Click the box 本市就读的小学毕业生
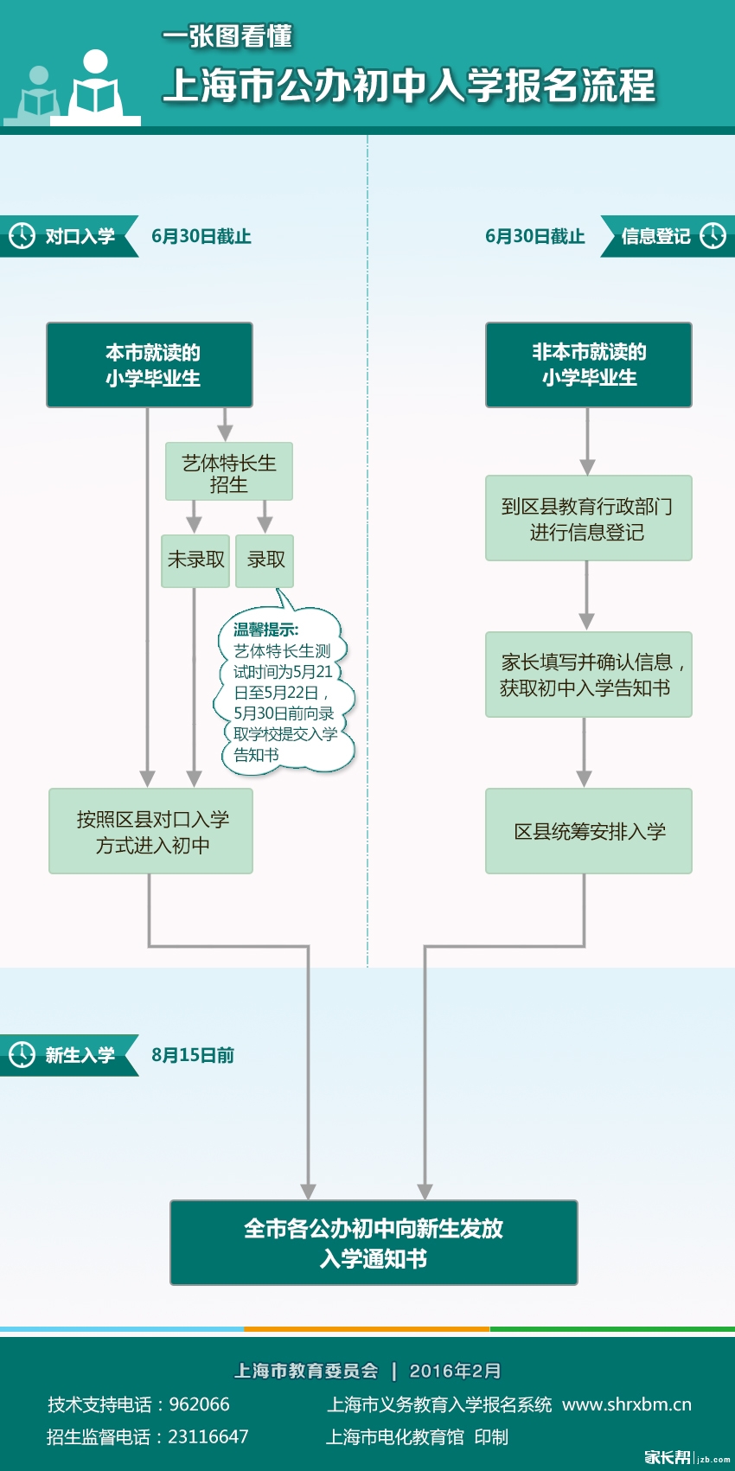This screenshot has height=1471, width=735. pyautogui.click(x=150, y=365)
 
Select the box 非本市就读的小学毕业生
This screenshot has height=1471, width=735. pyautogui.click(x=588, y=365)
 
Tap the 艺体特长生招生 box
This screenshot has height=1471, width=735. pyautogui.click(x=228, y=472)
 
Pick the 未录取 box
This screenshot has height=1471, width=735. pyautogui.click(x=195, y=560)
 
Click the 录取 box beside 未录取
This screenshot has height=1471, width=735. pyautogui.click(x=265, y=560)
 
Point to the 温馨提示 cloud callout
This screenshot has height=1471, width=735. pyautogui.click(x=283, y=692)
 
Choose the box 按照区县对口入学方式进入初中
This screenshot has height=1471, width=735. pyautogui.click(x=151, y=831)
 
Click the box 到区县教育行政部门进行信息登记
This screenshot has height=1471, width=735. pyautogui.click(x=588, y=519)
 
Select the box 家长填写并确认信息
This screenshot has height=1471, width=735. pyautogui.click(x=588, y=675)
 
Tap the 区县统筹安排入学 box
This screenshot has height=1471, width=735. pyautogui.click(x=588, y=831)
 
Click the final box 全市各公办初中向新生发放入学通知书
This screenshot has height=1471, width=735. pyautogui.click(x=374, y=1243)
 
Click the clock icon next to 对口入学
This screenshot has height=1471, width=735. pyautogui.click(x=22, y=235)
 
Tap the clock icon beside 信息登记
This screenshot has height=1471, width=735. pyautogui.click(x=713, y=235)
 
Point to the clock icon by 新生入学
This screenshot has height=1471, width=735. pyautogui.click(x=22, y=1054)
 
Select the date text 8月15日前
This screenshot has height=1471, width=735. pyautogui.click(x=193, y=1055)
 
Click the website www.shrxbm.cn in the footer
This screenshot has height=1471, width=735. pyautogui.click(x=627, y=1404)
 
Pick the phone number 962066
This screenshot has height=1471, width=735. pyautogui.click(x=199, y=1404)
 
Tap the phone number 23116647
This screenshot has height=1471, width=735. pyautogui.click(x=208, y=1436)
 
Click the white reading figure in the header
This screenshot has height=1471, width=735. pyautogui.click(x=95, y=86)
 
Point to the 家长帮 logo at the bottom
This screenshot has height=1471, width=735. pyautogui.click(x=668, y=1457)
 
